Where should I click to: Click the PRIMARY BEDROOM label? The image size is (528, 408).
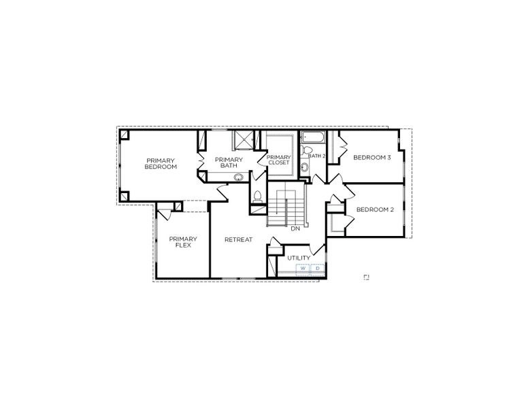click(161, 163)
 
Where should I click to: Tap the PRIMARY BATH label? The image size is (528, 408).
click(228, 163)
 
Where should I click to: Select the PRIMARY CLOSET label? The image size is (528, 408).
click(279, 160)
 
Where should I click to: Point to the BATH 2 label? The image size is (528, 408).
click(317, 156)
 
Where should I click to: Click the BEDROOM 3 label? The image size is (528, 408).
click(372, 157)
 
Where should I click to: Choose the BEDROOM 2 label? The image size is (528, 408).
click(375, 209)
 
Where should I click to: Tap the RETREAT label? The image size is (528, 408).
click(239, 239)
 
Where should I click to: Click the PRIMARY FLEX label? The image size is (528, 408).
click(183, 241)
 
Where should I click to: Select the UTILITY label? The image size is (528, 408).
click(298, 258)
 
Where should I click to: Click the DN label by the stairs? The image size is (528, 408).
click(295, 228)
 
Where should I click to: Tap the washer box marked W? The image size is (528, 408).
click(303, 269)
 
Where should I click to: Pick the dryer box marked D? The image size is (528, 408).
click(317, 269)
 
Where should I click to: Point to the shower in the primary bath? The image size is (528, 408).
click(243, 139)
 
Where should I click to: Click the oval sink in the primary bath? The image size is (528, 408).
click(239, 178)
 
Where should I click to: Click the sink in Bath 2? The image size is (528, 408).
click(303, 167)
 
